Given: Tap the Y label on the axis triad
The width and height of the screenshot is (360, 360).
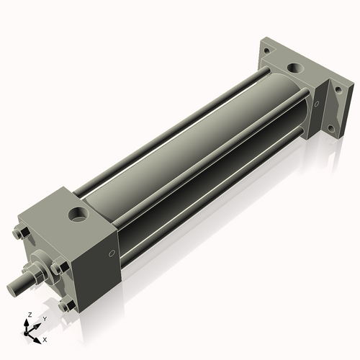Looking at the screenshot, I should [x=45, y=318].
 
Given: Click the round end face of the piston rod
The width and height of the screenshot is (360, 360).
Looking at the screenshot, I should [x=12, y=289].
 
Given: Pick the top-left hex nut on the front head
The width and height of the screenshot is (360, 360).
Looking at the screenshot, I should [x=19, y=234].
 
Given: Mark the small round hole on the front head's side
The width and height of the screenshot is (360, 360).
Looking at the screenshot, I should [x=112, y=253].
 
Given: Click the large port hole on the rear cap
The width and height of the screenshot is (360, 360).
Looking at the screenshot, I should [x=295, y=68].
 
